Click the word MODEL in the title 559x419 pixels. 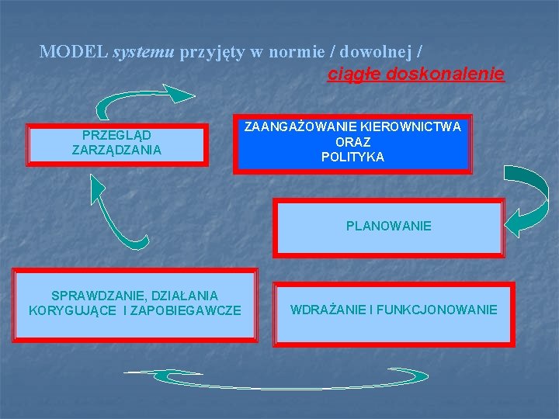point(73,52)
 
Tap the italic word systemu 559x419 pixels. point(144,53)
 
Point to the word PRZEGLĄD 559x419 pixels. point(116,135)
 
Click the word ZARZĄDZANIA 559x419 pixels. point(116,150)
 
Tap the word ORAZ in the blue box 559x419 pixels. point(352,142)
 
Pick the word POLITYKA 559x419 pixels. point(352,157)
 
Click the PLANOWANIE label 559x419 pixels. point(389,227)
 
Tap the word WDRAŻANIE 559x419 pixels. point(327,310)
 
